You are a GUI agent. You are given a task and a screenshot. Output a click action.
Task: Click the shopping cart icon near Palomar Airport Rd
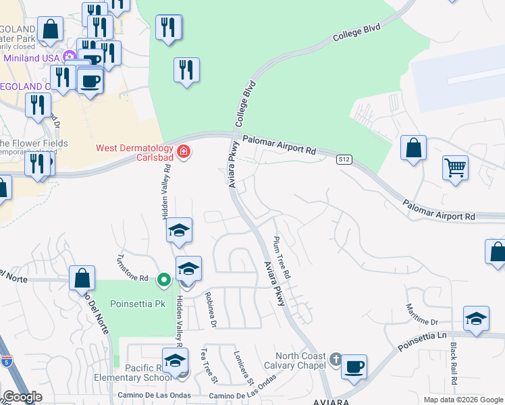456,167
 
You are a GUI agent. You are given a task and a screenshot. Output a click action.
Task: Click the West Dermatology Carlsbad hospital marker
183,153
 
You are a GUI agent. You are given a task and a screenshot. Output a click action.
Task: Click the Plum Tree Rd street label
282,258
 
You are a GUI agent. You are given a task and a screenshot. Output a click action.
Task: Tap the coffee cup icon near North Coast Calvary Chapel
354,367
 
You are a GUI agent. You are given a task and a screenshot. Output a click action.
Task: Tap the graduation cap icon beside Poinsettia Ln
477,319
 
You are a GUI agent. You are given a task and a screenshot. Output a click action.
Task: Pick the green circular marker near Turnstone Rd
163,279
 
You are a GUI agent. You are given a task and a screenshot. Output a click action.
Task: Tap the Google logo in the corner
22,397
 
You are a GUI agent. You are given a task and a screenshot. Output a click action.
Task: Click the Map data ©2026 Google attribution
462,400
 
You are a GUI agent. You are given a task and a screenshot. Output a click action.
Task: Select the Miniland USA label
32,58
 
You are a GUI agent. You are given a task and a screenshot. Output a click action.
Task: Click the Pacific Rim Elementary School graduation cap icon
175,360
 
